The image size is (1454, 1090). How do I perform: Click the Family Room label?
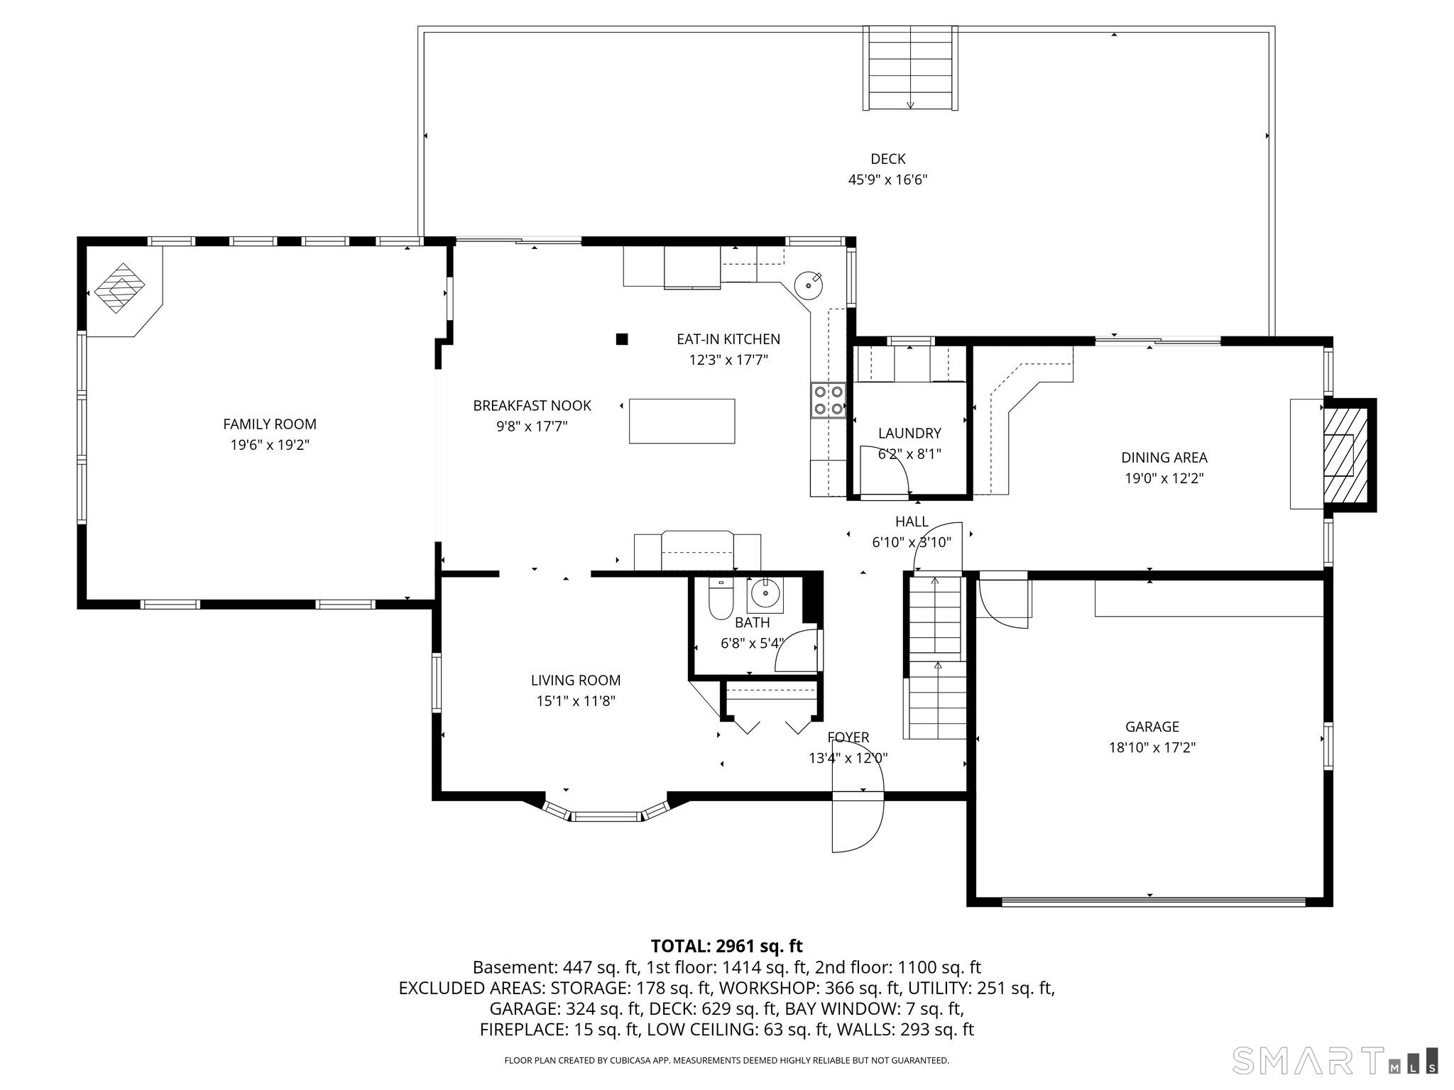270,424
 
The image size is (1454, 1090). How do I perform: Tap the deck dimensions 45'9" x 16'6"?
887,180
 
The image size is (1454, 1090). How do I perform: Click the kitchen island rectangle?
682,421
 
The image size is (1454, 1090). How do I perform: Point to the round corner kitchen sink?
809,286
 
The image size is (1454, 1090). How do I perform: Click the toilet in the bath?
721,600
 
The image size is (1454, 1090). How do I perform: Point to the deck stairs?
910,68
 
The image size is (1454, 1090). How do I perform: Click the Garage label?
1152,727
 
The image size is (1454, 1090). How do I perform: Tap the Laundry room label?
909,433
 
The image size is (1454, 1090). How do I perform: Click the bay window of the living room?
606,813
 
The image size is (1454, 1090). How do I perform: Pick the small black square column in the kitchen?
622,339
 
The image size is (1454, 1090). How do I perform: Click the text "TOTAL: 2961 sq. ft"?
726,946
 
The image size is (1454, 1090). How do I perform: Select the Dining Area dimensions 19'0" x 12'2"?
1164,478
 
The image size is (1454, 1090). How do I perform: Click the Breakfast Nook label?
532,405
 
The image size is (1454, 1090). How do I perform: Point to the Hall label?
912,522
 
